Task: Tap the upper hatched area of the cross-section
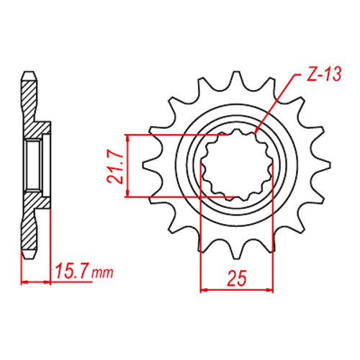[x=29, y=108]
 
